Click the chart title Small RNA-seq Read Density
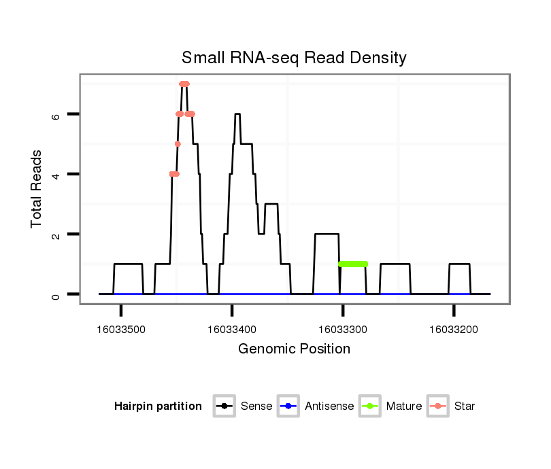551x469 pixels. (x=294, y=58)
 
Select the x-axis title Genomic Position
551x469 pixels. (x=294, y=349)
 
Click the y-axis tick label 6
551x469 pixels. (x=56, y=115)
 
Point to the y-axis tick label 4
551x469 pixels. (x=56, y=175)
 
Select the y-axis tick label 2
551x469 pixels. (x=56, y=234)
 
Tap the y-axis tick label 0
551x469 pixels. (x=56, y=294)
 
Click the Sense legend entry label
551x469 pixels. (x=256, y=406)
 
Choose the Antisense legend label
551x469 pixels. (x=329, y=406)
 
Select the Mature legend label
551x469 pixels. (x=404, y=406)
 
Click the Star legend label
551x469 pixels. (x=465, y=406)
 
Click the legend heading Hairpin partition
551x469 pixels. (x=158, y=406)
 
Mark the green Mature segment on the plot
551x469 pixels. (x=353, y=264)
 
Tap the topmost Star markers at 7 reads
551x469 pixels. (x=184, y=84)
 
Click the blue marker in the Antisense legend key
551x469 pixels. (x=288, y=406)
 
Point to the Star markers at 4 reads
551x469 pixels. (x=174, y=174)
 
